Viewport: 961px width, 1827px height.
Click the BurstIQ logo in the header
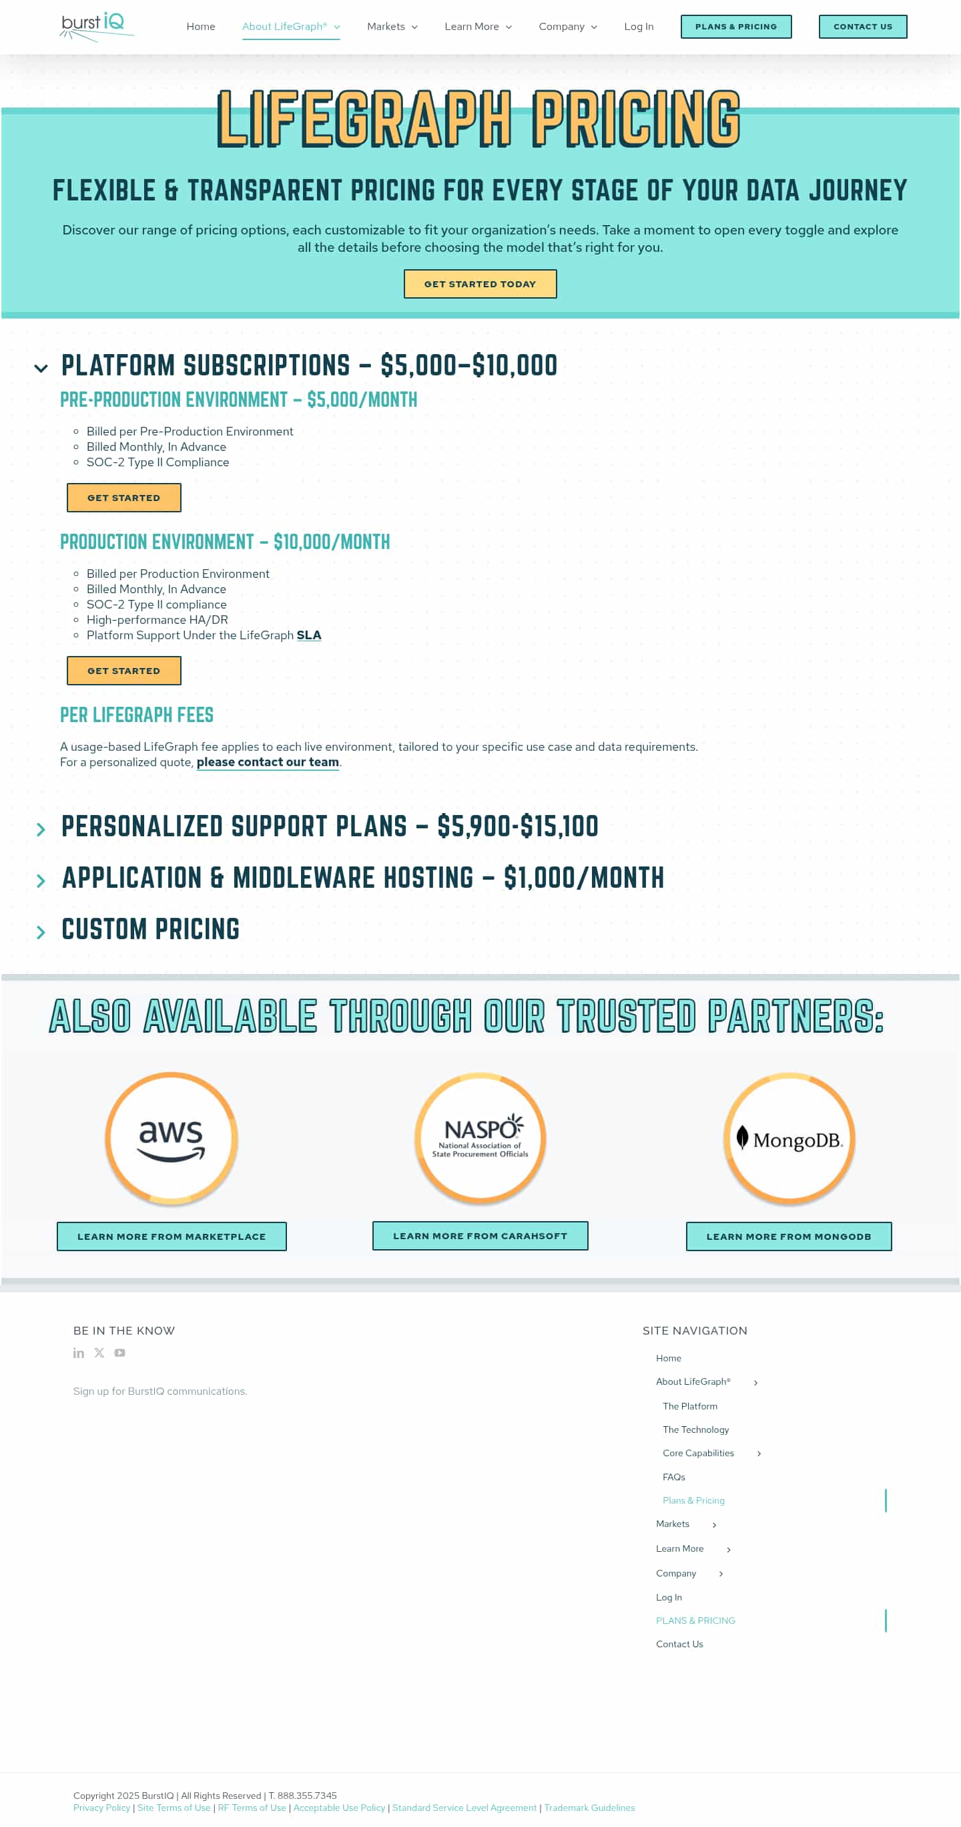click(95, 26)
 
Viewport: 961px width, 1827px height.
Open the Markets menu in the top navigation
click(392, 27)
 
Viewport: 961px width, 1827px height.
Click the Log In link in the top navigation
click(638, 27)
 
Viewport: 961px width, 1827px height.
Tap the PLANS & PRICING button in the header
click(735, 27)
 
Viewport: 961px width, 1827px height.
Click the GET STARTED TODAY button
click(480, 285)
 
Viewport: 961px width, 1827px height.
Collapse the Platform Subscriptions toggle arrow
click(41, 368)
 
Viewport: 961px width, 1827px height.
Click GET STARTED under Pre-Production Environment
click(124, 498)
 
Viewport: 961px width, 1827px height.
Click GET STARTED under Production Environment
click(124, 671)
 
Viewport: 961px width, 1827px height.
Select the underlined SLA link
click(308, 635)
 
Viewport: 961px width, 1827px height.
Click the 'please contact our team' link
click(267, 762)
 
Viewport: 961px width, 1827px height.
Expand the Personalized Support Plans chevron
click(41, 829)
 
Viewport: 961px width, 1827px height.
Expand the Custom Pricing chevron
click(41, 932)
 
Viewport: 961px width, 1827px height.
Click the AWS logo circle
click(171, 1138)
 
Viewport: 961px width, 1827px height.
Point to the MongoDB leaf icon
click(742, 1137)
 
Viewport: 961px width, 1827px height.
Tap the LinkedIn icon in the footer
click(79, 1353)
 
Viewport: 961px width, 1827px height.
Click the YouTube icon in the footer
click(119, 1353)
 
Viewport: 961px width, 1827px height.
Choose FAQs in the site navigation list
click(673, 1478)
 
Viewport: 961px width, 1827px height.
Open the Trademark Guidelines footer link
click(589, 1808)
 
